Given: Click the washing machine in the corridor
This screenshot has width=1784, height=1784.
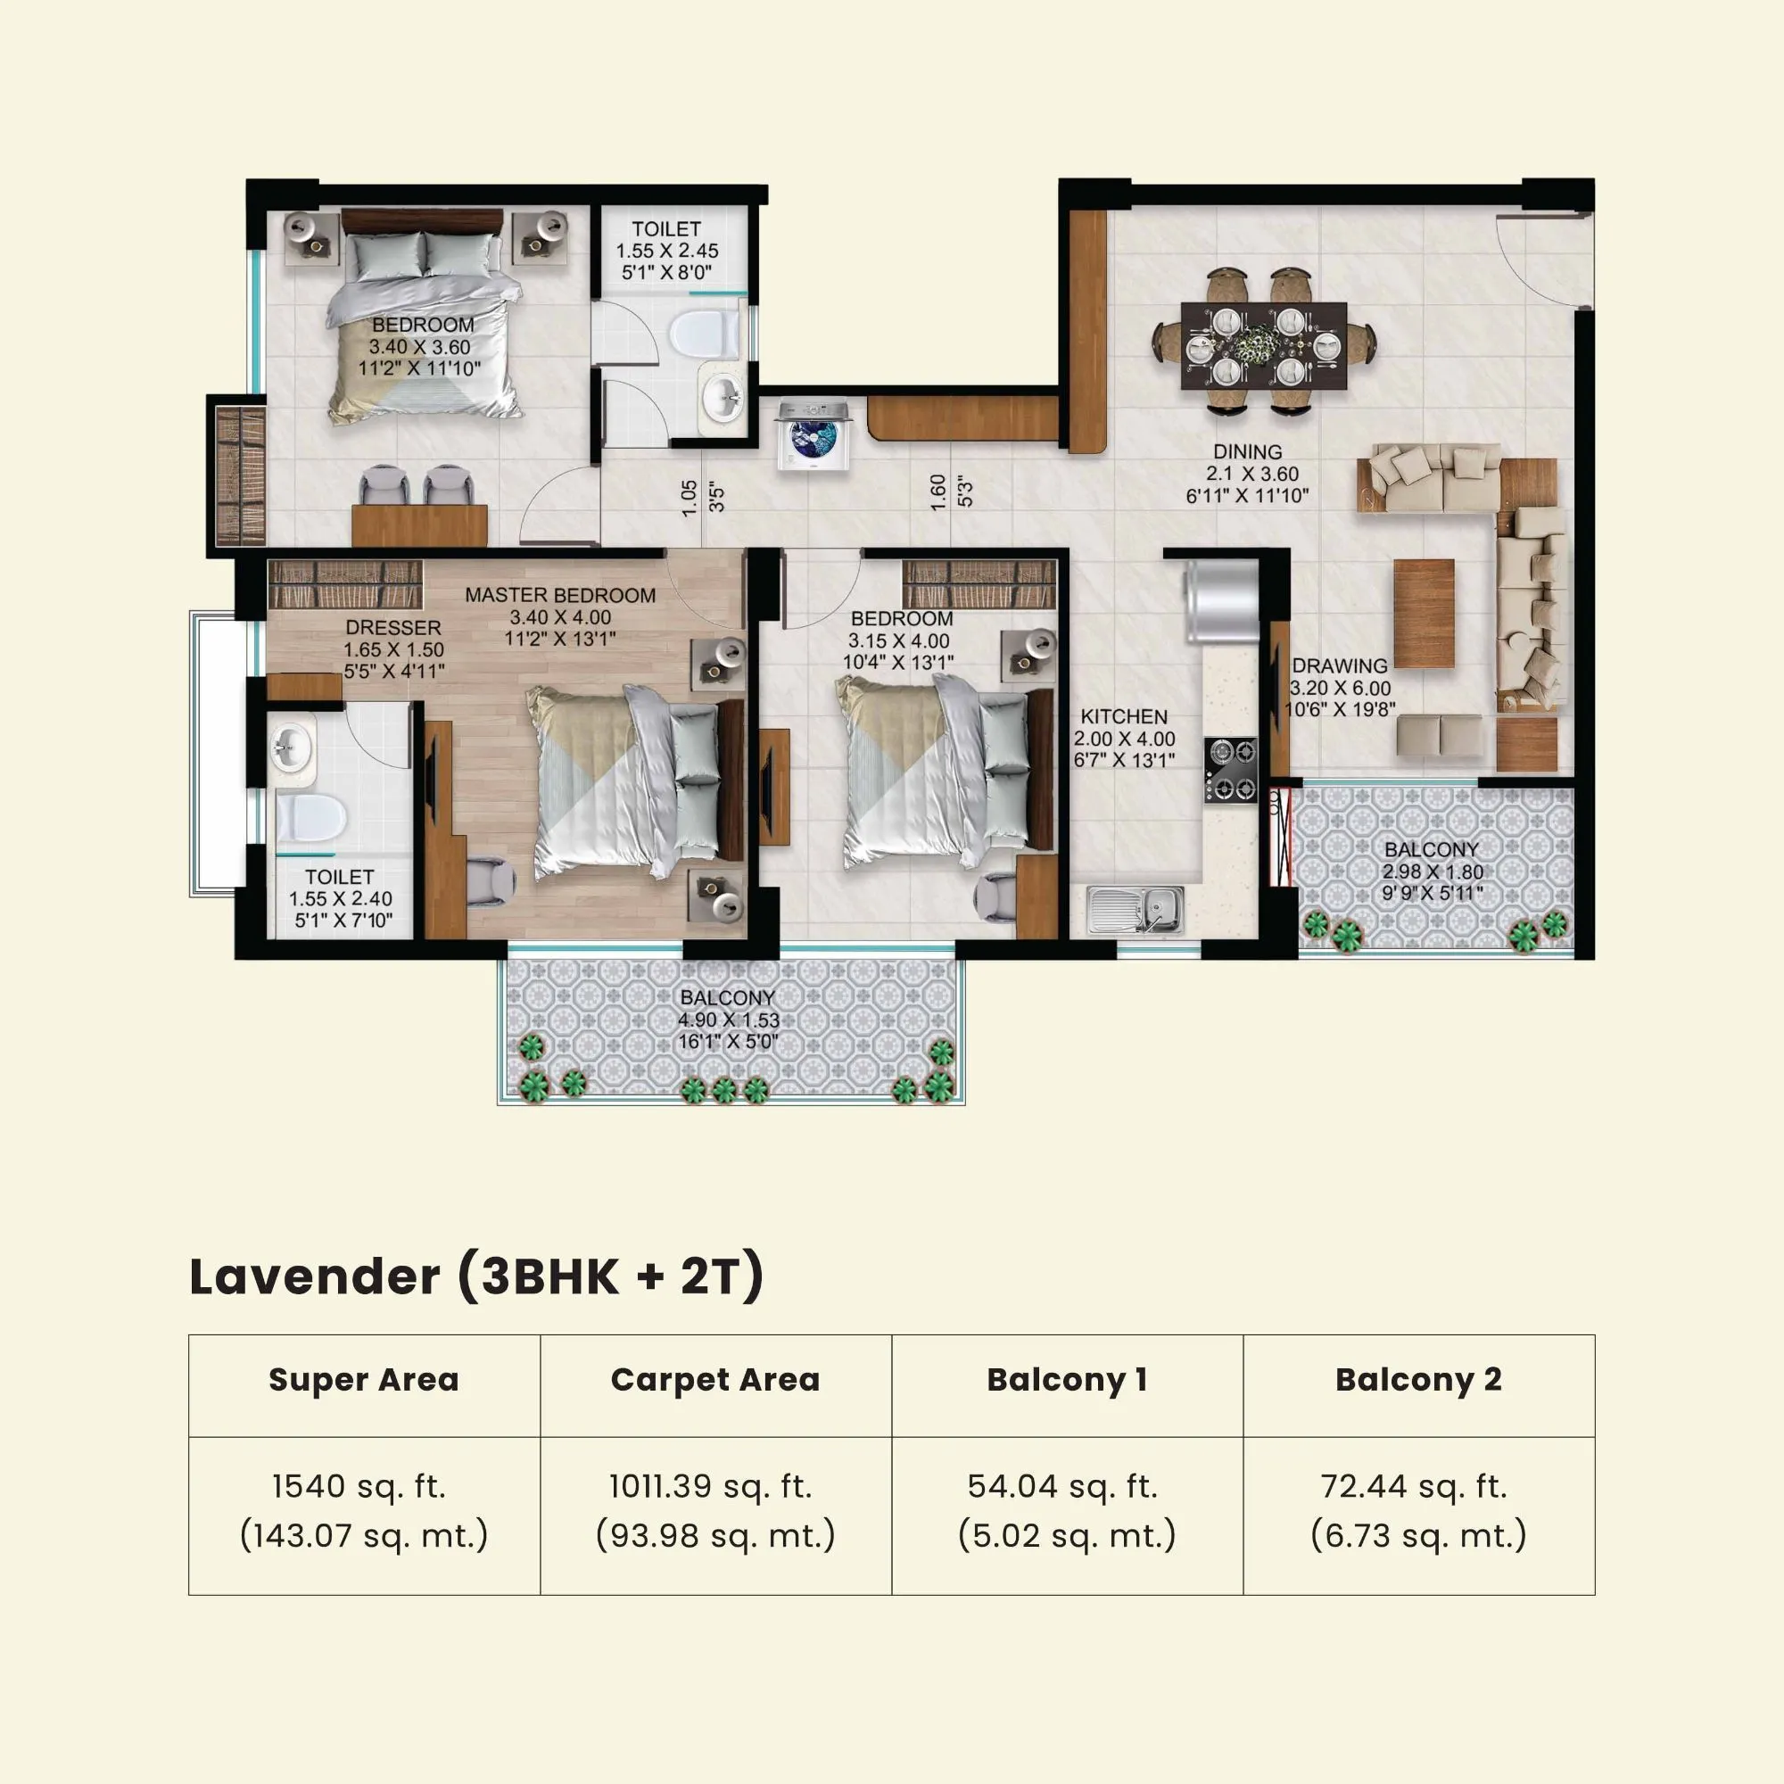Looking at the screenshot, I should pyautogui.click(x=813, y=434).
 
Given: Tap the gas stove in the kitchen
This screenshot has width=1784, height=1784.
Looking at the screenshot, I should pyautogui.click(x=1230, y=769).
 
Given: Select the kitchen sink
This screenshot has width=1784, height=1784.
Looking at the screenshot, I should pyautogui.click(x=1135, y=909).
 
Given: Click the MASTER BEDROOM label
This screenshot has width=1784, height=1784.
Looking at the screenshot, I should pyautogui.click(x=559, y=596).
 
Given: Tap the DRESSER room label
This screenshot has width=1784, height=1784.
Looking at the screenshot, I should pyautogui.click(x=392, y=627).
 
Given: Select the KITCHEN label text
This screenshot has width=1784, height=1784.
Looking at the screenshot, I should pyautogui.click(x=1124, y=716).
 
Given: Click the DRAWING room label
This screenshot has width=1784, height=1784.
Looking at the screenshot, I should pyautogui.click(x=1339, y=665).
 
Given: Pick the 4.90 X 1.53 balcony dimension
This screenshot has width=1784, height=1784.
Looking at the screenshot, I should pyautogui.click(x=729, y=1020).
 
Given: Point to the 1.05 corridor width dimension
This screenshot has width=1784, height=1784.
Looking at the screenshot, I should pyautogui.click(x=689, y=498).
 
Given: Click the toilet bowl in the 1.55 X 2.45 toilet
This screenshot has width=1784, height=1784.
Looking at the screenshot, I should pyautogui.click(x=704, y=334).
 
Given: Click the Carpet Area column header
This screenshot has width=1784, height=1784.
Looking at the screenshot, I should pyautogui.click(x=714, y=1381).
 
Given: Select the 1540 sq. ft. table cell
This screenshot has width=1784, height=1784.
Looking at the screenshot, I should pyautogui.click(x=359, y=1487).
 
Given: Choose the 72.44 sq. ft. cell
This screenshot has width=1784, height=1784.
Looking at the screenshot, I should pyautogui.click(x=1414, y=1487).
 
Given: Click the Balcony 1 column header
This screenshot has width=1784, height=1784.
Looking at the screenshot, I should pyautogui.click(x=1067, y=1381).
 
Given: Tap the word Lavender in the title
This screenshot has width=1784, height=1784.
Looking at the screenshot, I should pyautogui.click(x=315, y=1277).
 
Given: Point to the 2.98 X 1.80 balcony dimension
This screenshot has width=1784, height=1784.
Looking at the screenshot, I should pyautogui.click(x=1433, y=871).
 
